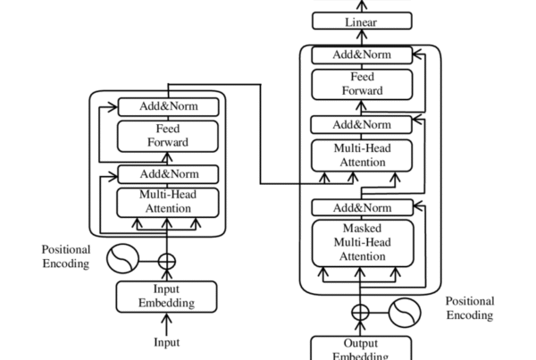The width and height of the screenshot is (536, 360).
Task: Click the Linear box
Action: click(x=362, y=21)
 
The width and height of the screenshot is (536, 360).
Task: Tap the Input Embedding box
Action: click(x=167, y=297)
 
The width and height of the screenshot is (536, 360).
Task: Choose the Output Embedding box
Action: click(x=362, y=348)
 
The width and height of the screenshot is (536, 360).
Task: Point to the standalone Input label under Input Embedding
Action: click(x=167, y=342)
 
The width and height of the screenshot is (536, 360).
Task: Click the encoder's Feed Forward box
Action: click(x=168, y=136)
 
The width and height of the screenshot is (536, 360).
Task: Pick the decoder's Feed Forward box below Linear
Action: click(x=362, y=84)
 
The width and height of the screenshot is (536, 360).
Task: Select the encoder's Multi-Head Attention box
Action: click(x=168, y=202)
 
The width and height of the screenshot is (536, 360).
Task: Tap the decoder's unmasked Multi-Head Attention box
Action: click(x=362, y=155)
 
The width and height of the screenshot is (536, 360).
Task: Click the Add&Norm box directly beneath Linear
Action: click(x=362, y=55)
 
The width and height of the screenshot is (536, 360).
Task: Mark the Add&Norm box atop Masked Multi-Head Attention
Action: click(x=362, y=208)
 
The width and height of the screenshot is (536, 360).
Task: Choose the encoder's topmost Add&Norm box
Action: click(x=168, y=107)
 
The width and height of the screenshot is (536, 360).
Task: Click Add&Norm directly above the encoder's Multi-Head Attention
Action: click(x=168, y=174)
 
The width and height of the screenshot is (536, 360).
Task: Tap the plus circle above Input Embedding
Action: click(x=167, y=261)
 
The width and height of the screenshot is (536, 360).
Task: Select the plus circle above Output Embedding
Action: click(x=360, y=313)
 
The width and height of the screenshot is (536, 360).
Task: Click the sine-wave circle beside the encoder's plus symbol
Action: click(x=122, y=260)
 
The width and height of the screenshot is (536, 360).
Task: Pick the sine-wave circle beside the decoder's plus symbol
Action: click(x=405, y=313)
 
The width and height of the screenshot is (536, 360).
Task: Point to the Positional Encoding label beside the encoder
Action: click(x=65, y=256)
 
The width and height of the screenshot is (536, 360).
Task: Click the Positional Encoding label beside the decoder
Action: click(x=469, y=308)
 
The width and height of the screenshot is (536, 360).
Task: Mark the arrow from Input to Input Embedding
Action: click(x=167, y=323)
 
